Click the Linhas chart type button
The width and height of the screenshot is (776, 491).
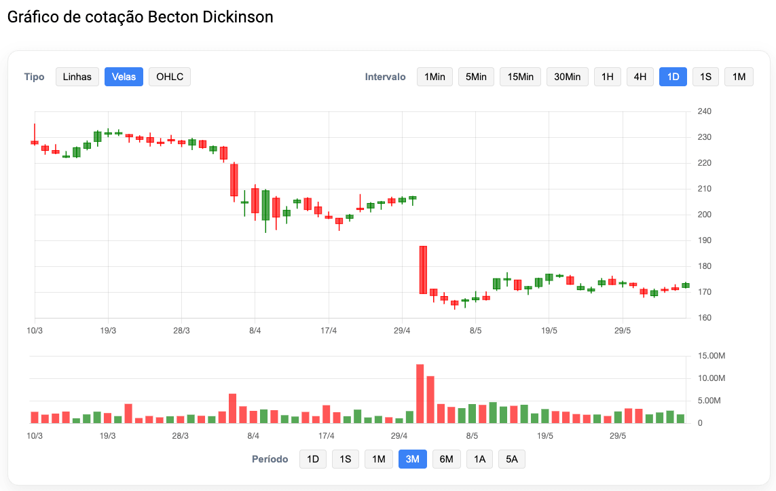(x=77, y=77)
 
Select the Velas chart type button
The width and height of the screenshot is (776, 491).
(x=124, y=77)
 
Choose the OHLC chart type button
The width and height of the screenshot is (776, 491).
(x=170, y=77)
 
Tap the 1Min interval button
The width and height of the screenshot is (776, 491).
(x=435, y=77)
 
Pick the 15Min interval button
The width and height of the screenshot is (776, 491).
(x=520, y=77)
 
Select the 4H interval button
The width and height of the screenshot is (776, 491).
(x=640, y=77)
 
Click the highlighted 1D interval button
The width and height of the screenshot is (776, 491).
(x=673, y=77)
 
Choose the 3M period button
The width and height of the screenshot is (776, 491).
(x=412, y=459)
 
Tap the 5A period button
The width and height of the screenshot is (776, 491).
(x=511, y=459)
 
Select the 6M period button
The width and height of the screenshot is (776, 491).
(x=446, y=459)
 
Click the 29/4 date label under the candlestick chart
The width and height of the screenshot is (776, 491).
(x=402, y=331)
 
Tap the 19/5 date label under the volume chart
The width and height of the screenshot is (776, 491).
(x=545, y=436)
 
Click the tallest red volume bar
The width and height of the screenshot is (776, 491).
(x=420, y=394)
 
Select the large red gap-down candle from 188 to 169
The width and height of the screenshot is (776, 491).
(x=423, y=270)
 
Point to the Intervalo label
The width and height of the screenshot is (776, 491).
(x=385, y=77)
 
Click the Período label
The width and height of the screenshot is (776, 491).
(x=270, y=459)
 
